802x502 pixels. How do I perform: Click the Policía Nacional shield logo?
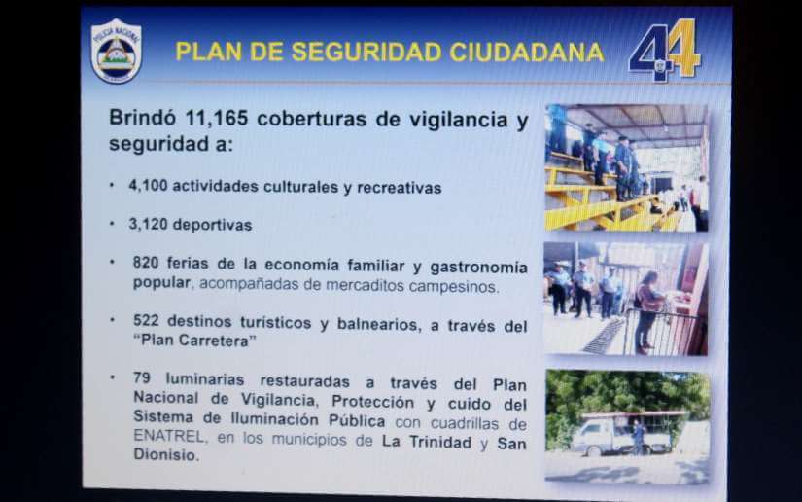tap(116, 52)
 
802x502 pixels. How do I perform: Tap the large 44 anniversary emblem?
tap(665, 51)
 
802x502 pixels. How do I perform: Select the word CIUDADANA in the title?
tap(527, 53)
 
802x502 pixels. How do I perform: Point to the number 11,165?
tap(217, 119)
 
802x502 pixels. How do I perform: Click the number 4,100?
tap(149, 185)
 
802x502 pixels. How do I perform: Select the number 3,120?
tap(149, 224)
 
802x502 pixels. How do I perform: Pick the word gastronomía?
tap(478, 268)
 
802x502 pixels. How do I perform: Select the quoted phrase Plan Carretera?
tap(194, 341)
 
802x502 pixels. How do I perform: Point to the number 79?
tap(142, 377)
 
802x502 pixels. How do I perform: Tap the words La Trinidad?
tap(427, 442)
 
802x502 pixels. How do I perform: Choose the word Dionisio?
tap(165, 454)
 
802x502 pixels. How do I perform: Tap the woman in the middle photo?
tap(648, 312)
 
